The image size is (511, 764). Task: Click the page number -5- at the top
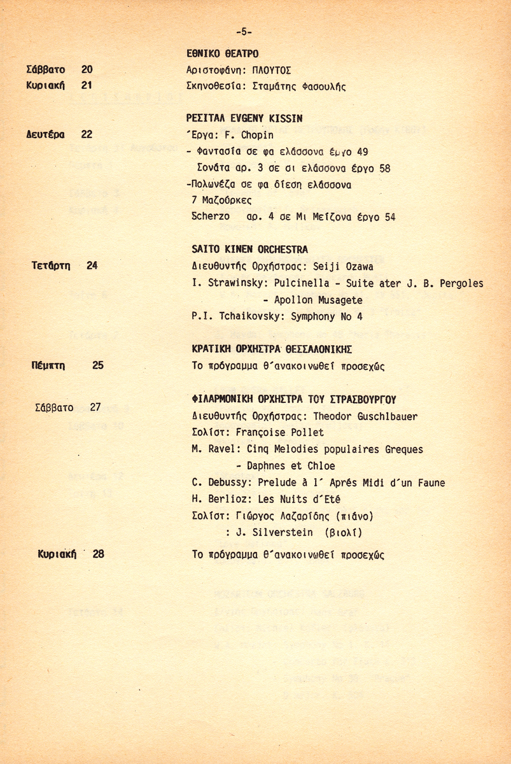pyautogui.click(x=244, y=31)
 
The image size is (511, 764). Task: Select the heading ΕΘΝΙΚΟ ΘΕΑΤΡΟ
pyautogui.click(x=222, y=53)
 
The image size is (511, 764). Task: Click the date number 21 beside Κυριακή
pyautogui.click(x=87, y=85)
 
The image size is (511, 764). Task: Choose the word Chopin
pyautogui.click(x=257, y=135)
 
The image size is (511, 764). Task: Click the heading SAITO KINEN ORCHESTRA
pyautogui.click(x=249, y=250)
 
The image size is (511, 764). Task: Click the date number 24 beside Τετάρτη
pyautogui.click(x=92, y=265)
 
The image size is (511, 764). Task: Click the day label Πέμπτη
pyautogui.click(x=49, y=365)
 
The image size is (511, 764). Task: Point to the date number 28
pyautogui.click(x=98, y=554)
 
